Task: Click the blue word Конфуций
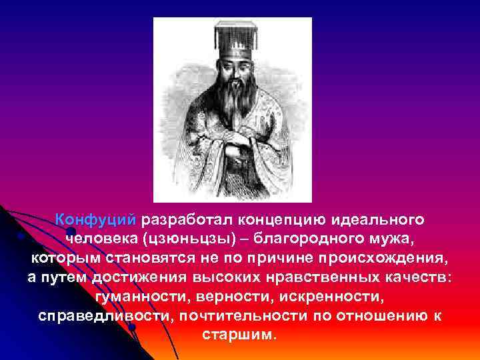pos(96,219)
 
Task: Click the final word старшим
pos(237,334)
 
